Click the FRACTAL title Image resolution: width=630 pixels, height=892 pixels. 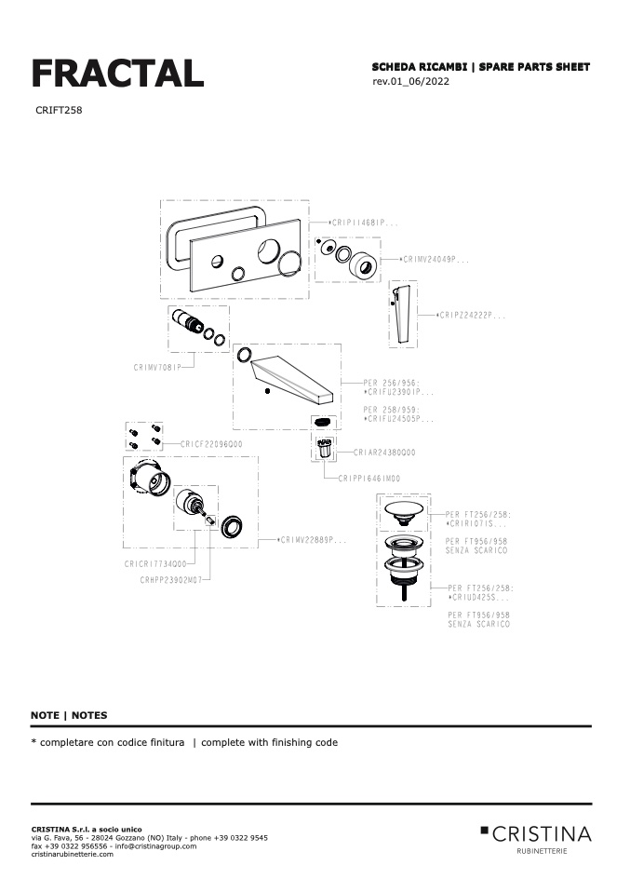117,73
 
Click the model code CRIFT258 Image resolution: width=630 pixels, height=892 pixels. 59,110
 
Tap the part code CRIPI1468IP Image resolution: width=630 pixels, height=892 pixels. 365,223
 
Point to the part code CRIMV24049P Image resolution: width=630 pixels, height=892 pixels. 435,260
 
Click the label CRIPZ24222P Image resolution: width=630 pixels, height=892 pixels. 473,316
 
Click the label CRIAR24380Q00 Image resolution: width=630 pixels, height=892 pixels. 384,453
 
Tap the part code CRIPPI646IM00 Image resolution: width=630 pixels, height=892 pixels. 369,478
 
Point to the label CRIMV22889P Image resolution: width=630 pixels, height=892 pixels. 315,539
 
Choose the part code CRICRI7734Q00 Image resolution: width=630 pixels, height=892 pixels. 156,564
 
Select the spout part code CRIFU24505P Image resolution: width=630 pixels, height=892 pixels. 399,419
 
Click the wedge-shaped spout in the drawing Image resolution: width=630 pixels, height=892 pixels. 293,377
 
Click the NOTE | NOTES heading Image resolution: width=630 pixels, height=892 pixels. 69,715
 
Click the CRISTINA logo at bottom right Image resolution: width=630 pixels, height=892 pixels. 536,834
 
